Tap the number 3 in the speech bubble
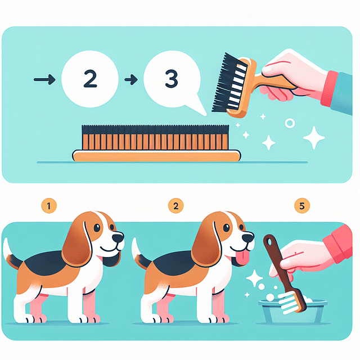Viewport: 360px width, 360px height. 171,79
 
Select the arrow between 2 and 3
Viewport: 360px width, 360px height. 130,80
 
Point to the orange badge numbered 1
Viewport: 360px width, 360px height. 49,206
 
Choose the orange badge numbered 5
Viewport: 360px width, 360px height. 302,206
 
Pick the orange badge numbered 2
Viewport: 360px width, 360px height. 176,206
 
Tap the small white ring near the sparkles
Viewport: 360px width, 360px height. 290,123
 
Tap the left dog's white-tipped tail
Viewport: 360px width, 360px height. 7,247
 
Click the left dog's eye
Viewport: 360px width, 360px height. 97,227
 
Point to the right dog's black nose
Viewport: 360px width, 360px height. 247,238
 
